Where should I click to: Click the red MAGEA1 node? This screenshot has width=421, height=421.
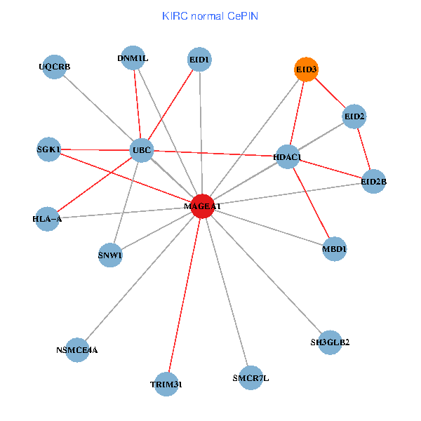click(x=202, y=206)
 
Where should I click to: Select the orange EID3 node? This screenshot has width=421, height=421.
click(x=305, y=69)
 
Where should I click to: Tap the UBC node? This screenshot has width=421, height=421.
click(x=142, y=150)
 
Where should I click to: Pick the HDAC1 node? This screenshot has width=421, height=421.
click(x=287, y=158)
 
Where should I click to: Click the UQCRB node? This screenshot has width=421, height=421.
click(x=54, y=67)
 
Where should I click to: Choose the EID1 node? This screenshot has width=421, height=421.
click(x=200, y=60)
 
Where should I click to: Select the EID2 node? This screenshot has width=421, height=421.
click(x=354, y=116)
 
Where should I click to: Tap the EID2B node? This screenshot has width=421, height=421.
click(x=373, y=182)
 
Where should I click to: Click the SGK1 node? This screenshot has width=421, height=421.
click(x=48, y=149)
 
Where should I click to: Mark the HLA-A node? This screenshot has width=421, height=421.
click(x=47, y=218)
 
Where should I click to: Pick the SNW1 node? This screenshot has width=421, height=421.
click(x=110, y=255)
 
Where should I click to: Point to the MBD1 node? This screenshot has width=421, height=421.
click(x=335, y=249)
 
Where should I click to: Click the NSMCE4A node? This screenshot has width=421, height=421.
click(x=77, y=349)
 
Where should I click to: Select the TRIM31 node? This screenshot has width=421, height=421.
click(x=166, y=385)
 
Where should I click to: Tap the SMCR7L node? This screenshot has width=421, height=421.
click(x=250, y=378)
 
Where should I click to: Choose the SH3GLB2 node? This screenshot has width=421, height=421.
click(x=330, y=342)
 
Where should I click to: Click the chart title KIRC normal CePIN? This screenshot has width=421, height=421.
click(x=210, y=15)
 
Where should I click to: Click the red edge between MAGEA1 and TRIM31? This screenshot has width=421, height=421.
click(x=184, y=295)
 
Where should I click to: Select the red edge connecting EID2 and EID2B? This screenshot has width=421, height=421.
click(x=363, y=149)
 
